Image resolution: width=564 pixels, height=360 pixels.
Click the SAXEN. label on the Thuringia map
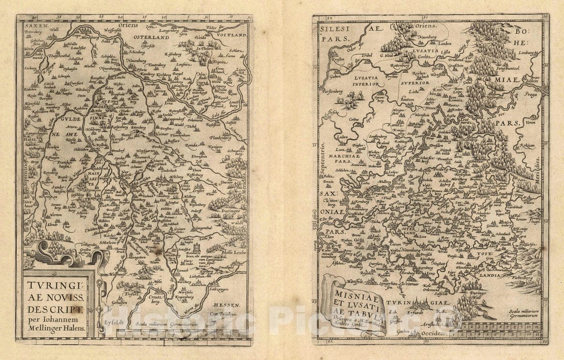click(35, 25)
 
